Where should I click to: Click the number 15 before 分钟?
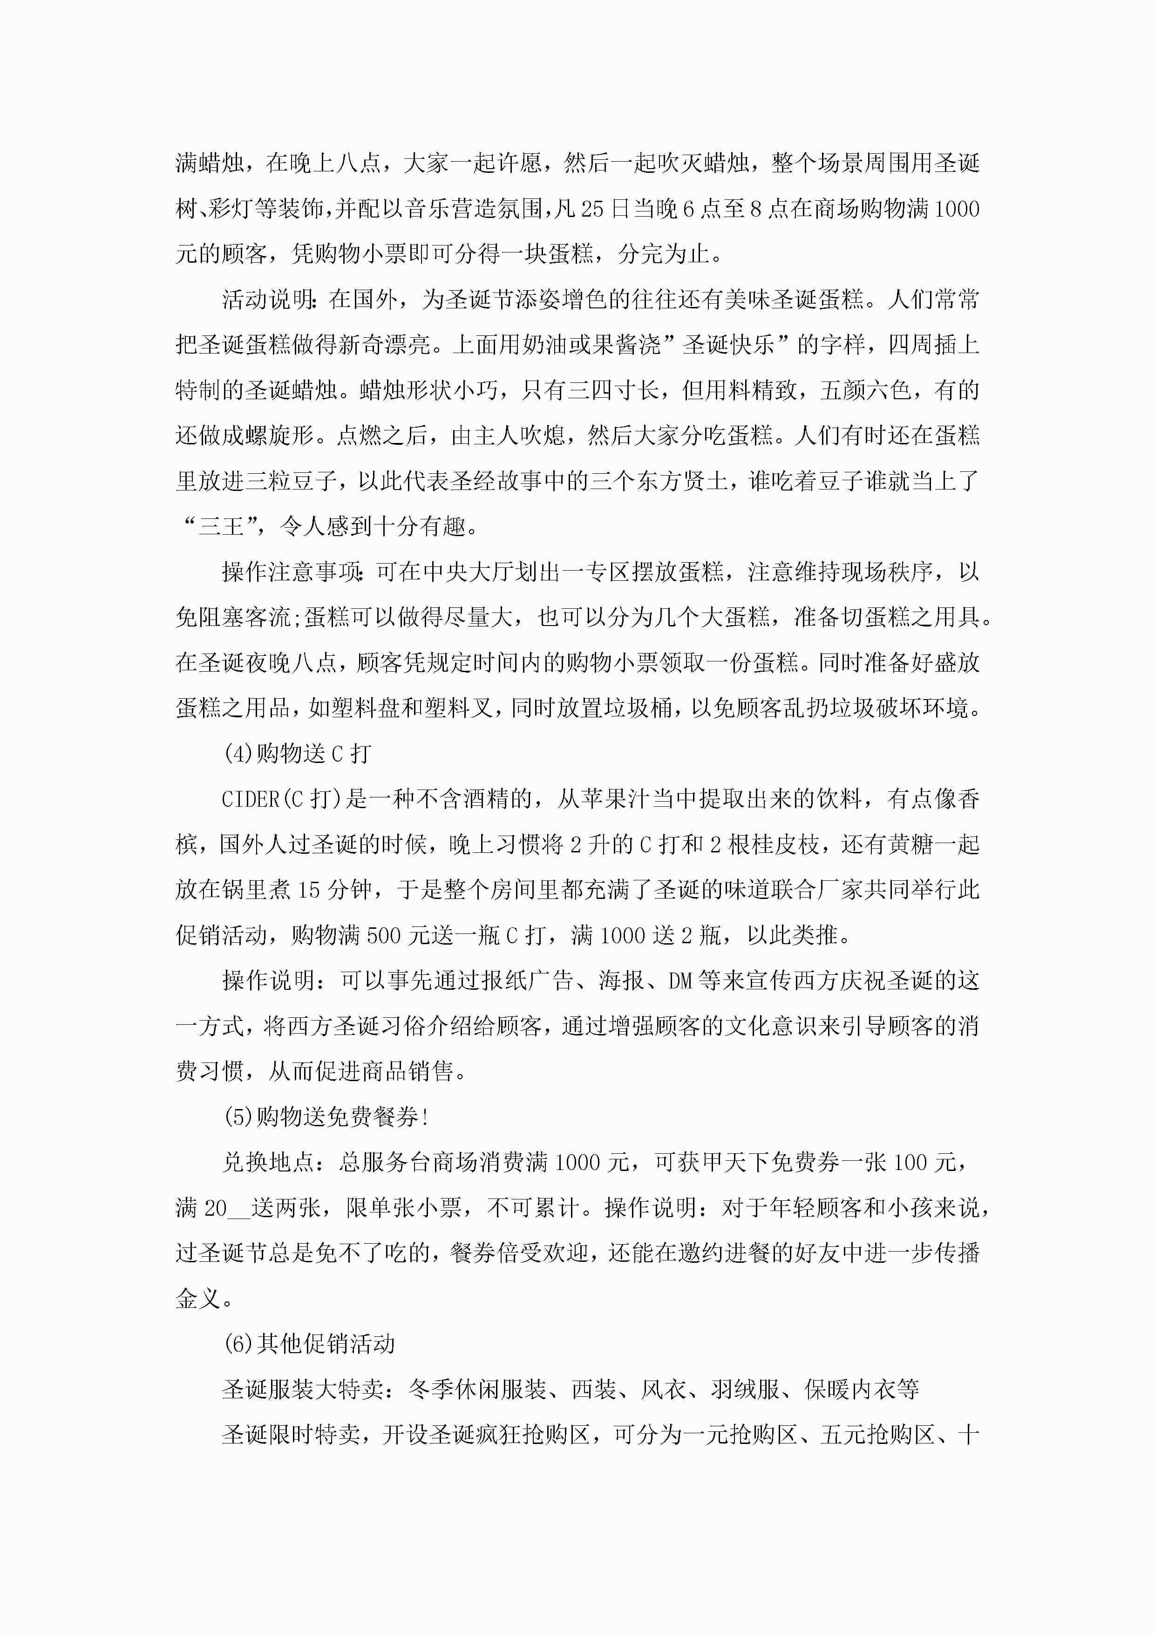click(309, 890)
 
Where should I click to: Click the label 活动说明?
click(268, 300)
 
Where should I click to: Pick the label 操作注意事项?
click(292, 572)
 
